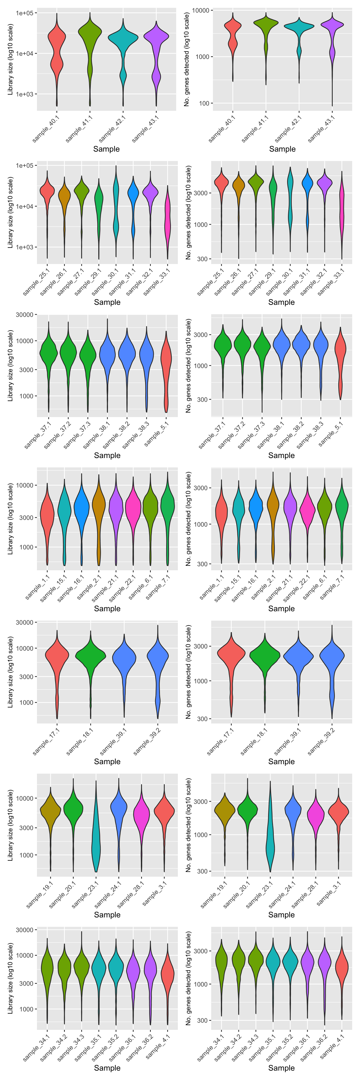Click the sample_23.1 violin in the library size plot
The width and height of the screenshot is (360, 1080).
coord(96,843)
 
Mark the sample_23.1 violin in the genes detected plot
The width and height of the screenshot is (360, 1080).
coord(270,843)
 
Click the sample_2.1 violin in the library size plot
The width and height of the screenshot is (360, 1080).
coord(99,507)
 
